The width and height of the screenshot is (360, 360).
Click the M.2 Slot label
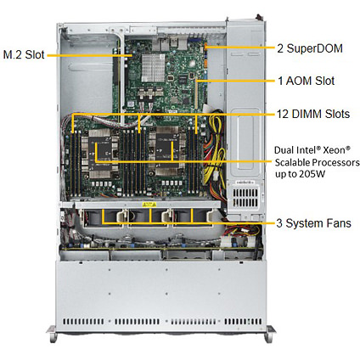pyautogui.click(x=24, y=54)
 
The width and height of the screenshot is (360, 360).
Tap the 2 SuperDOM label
pyautogui.click(x=310, y=48)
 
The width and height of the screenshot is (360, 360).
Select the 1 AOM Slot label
pyautogui.click(x=307, y=81)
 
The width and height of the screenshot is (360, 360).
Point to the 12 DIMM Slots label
pyautogui.click(x=313, y=114)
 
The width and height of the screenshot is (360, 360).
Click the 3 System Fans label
pyautogui.click(x=313, y=223)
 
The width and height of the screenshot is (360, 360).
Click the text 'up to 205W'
pyautogui.click(x=300, y=174)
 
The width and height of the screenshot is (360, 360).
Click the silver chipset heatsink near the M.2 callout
pyautogui.click(x=153, y=68)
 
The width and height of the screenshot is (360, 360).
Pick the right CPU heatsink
pyautogui.click(x=167, y=152)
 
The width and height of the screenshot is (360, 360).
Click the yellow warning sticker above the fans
pyautogui.click(x=149, y=205)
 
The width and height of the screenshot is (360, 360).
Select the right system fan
pyautogui.click(x=193, y=218)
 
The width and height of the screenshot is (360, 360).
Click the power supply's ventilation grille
pyautogui.click(x=245, y=198)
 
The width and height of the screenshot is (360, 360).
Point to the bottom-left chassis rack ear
pyautogui.click(x=52, y=334)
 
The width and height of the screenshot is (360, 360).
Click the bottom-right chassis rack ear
pyautogui.click(x=270, y=334)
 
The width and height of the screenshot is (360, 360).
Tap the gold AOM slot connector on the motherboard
pyautogui.click(x=196, y=92)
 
